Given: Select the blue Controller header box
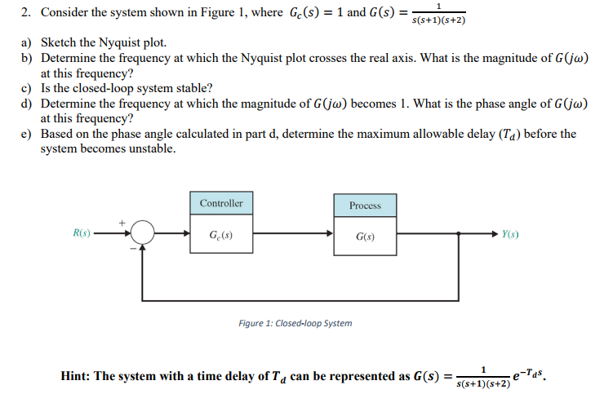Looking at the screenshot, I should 221,203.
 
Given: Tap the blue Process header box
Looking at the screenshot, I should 365,205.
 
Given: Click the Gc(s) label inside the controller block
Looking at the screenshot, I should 221,236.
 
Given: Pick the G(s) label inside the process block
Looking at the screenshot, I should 365,237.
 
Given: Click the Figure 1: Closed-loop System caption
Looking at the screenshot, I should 295,323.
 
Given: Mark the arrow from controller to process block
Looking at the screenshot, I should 294,235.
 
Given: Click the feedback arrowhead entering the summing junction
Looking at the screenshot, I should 144,249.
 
